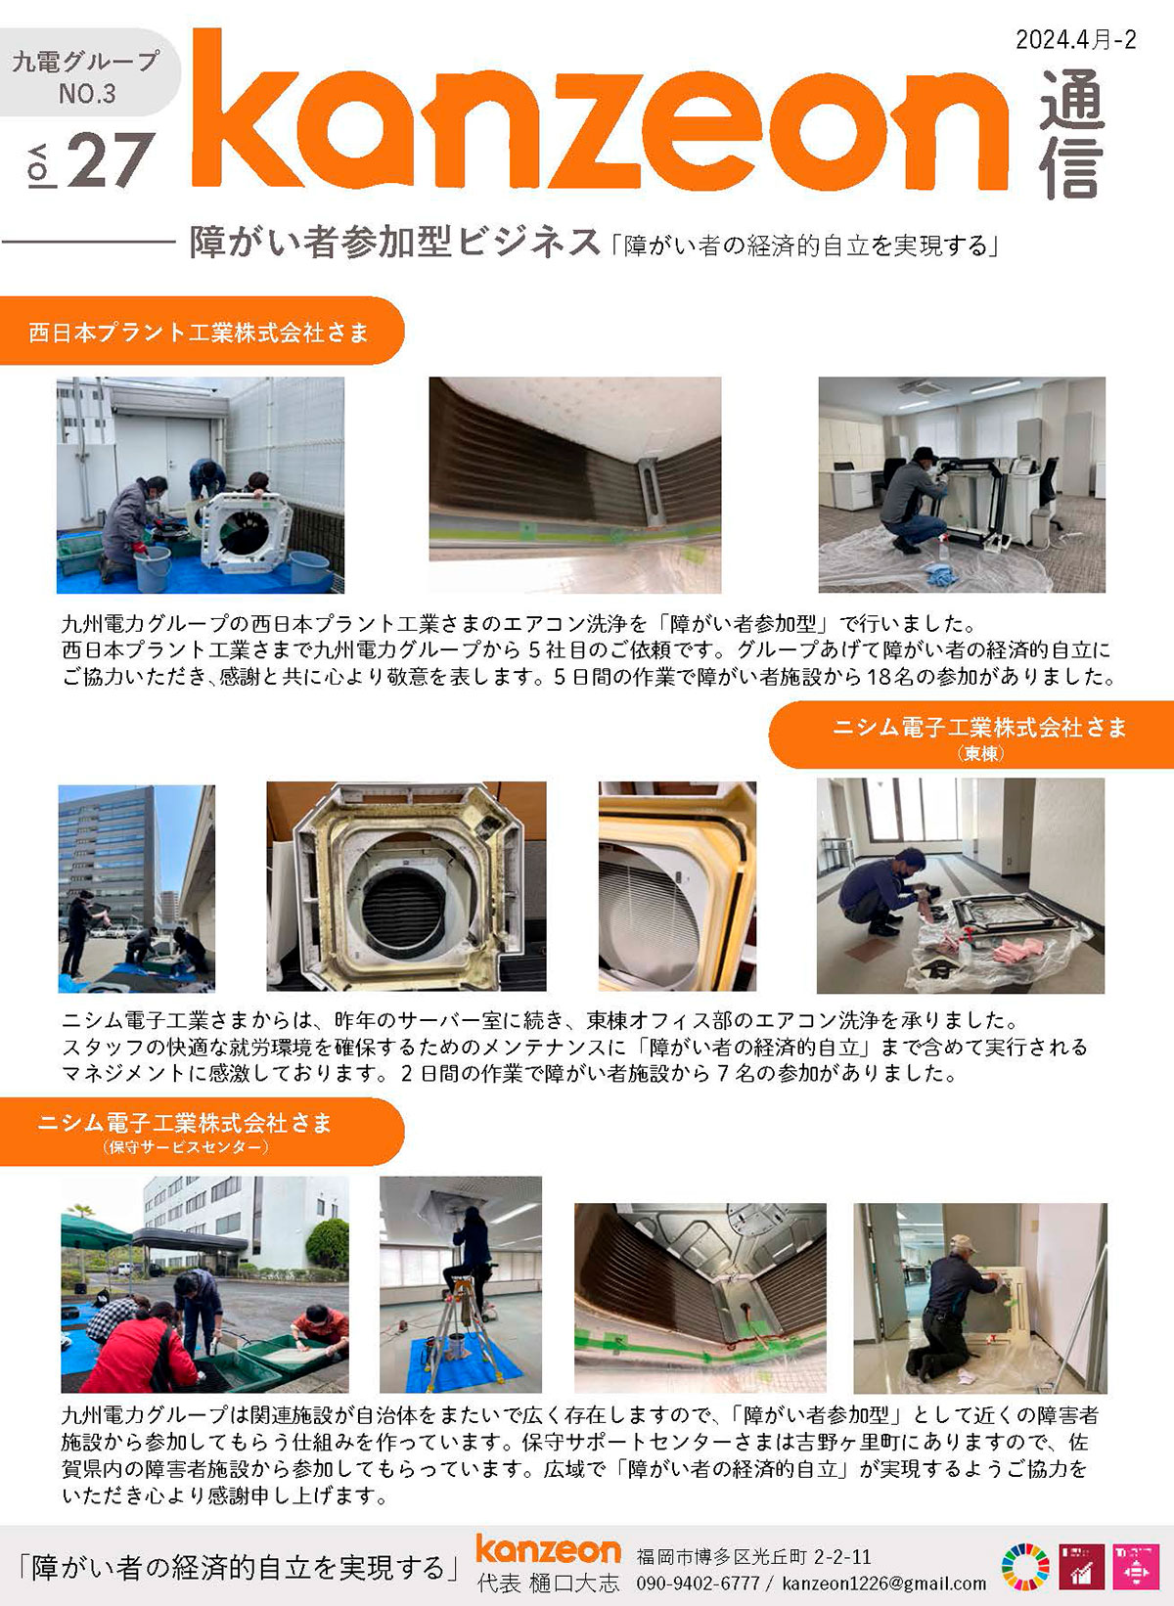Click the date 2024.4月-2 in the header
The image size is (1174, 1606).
coord(1075,40)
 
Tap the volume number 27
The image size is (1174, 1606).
coord(111,159)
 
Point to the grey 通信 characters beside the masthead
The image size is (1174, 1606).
coord(1071,133)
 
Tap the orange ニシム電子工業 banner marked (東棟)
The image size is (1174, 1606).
coord(971,735)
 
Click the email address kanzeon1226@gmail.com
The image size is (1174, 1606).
coord(883,1584)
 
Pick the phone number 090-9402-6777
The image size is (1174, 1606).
coord(698,1584)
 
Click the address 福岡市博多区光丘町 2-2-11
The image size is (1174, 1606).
coord(753,1556)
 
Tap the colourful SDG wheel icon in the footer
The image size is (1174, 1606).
coord(1025,1567)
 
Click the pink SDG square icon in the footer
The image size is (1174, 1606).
coord(1135,1567)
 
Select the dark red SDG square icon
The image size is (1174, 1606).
coord(1081,1567)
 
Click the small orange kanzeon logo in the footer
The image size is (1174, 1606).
coord(548,1548)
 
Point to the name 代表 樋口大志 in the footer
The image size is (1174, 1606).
coord(548,1584)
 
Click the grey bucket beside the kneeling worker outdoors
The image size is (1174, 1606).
coord(152,568)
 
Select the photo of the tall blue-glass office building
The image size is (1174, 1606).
coord(136,888)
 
